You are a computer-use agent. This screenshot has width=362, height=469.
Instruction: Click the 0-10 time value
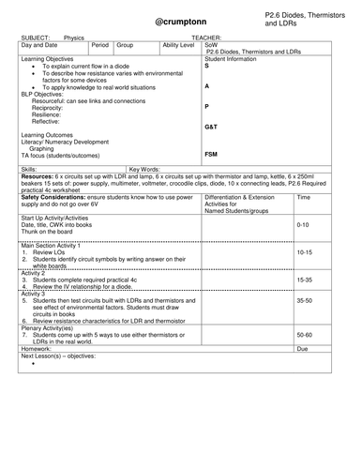click(302, 226)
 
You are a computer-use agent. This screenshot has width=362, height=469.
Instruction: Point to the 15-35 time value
click(303, 280)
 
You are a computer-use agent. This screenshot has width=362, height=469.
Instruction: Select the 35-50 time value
click(303, 300)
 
